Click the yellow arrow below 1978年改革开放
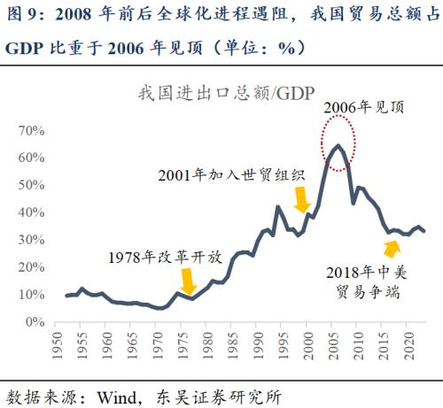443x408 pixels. click(187, 281)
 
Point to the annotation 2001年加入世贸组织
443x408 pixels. click(232, 174)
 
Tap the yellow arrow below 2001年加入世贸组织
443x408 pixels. click(302, 199)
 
